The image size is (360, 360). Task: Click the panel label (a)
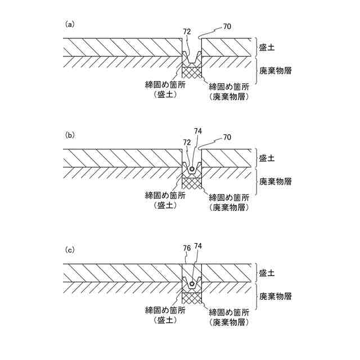click(x=70, y=24)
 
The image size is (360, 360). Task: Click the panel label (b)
click(x=70, y=135)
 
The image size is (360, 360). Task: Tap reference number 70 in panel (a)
click(x=227, y=26)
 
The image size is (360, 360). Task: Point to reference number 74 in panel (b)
click(x=197, y=131)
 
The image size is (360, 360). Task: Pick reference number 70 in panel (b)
click(x=227, y=137)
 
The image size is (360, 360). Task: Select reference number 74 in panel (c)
click(x=197, y=246)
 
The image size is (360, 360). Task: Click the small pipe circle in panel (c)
click(x=192, y=284)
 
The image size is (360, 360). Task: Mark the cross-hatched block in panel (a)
click(x=192, y=73)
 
